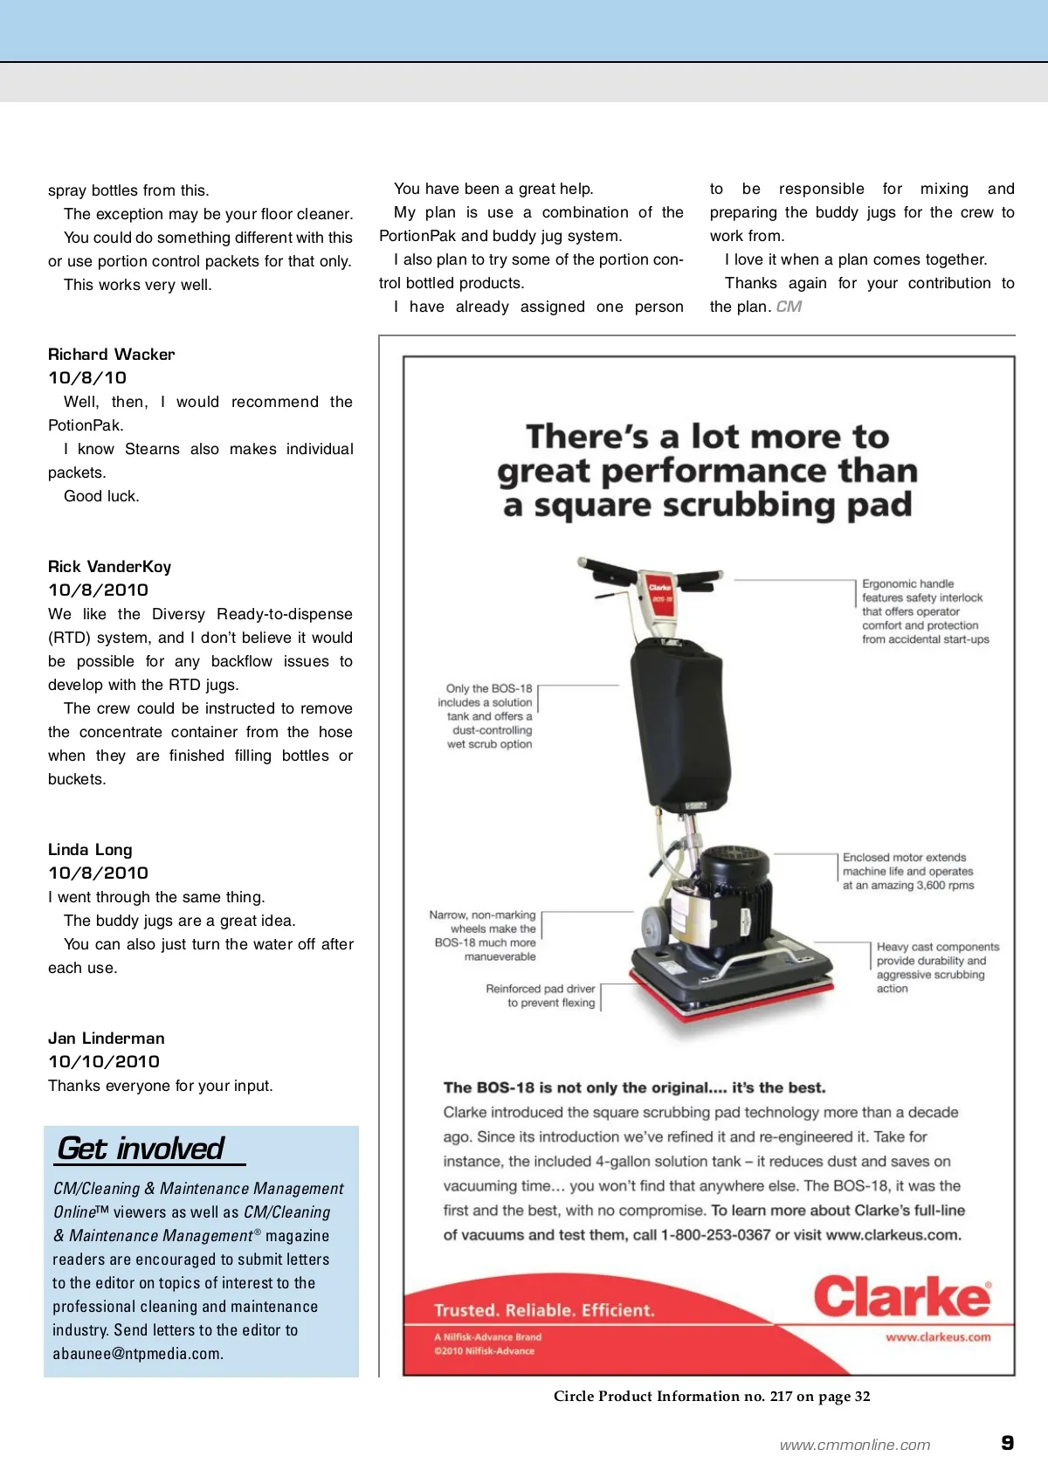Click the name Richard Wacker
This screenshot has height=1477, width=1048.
point(111,355)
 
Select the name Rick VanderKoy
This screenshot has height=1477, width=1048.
point(109,567)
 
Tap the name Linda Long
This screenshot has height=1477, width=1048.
point(90,850)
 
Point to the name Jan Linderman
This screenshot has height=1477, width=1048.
point(106,1039)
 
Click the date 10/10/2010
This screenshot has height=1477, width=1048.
point(103,1062)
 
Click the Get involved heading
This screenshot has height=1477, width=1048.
point(141,1149)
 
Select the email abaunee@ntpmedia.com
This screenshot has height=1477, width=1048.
point(137,1354)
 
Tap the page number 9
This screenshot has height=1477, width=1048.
point(1007,1443)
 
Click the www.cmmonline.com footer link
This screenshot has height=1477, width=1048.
point(854,1446)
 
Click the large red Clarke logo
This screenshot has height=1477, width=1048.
point(902,1297)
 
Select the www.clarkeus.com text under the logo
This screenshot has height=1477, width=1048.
point(937,1337)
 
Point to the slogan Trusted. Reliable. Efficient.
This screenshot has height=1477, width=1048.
point(543,1310)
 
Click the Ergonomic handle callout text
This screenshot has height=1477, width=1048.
point(924,611)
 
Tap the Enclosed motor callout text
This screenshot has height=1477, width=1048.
point(907,872)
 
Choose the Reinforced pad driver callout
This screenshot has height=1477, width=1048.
point(541,996)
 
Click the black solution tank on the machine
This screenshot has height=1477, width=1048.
point(679,716)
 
